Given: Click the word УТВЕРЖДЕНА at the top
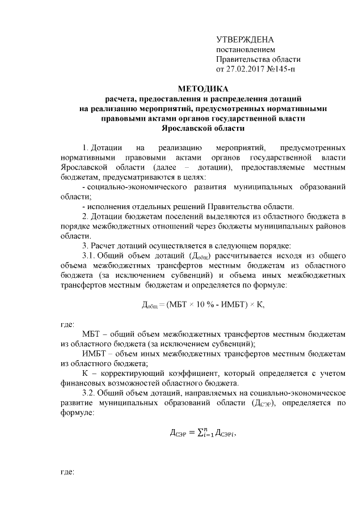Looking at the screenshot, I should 245,40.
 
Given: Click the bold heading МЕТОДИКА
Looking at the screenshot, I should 203,89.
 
